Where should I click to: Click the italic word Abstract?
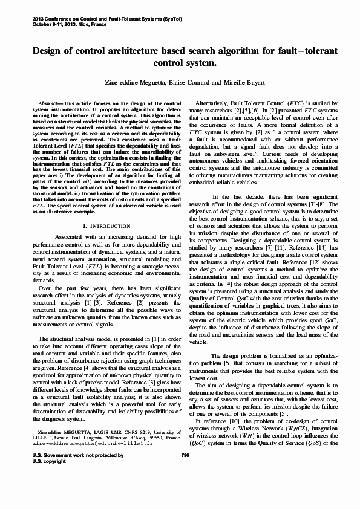click(49, 103)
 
